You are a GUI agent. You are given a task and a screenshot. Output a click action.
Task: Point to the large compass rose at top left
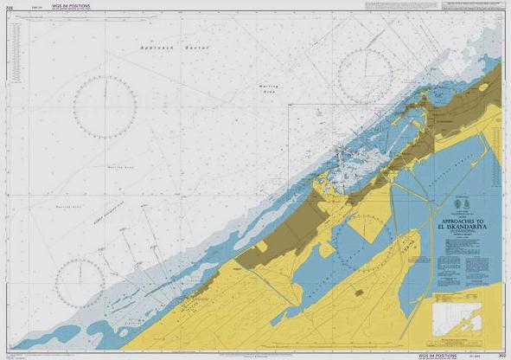tap(105, 108)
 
